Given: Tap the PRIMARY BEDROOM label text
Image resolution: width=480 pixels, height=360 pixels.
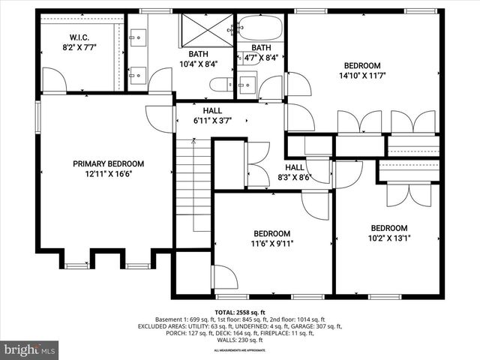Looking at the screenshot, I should [x=108, y=164].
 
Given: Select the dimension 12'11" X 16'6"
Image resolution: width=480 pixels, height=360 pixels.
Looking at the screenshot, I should [x=108, y=174].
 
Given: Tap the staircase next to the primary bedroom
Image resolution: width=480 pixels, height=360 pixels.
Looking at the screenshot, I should [x=192, y=187].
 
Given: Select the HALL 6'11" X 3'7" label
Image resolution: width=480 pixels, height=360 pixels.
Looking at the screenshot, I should [x=212, y=115].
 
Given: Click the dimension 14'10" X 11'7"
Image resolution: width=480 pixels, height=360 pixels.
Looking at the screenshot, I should [x=362, y=76].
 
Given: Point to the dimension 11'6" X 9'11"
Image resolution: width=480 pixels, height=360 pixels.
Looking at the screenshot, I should [x=273, y=243].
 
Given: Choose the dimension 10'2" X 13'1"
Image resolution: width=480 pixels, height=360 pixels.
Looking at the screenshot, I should [x=388, y=238].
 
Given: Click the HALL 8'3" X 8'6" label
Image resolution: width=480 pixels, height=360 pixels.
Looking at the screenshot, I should [x=294, y=173].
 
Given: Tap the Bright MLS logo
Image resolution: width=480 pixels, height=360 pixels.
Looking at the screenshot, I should [x=29, y=349].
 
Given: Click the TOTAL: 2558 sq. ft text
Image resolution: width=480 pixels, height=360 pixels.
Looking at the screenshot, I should [x=240, y=312].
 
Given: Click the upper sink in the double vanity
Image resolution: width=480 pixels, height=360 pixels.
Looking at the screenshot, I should [x=137, y=35].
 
